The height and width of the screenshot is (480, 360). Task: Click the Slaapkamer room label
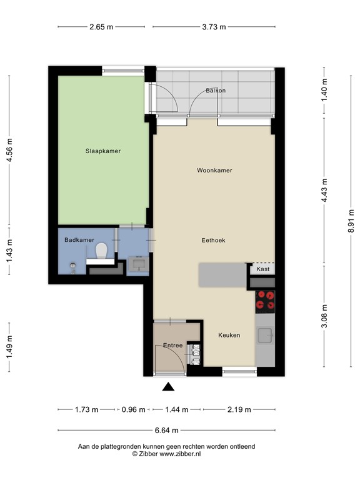[x=103, y=151]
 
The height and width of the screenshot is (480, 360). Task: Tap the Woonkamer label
[x=214, y=170]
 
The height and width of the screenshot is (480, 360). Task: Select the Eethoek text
[x=213, y=240]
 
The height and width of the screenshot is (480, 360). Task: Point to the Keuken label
[x=229, y=335]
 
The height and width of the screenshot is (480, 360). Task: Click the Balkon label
[x=216, y=91]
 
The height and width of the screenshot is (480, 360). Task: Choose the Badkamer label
[x=79, y=239]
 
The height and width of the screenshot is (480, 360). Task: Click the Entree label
[x=172, y=345]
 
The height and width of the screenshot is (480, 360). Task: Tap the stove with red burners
[x=265, y=301]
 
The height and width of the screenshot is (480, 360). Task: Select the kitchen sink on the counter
[x=266, y=336]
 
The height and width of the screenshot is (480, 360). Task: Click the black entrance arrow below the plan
[x=168, y=387]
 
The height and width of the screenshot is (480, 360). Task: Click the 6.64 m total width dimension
[x=166, y=430]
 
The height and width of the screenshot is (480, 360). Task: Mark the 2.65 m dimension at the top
[x=101, y=27]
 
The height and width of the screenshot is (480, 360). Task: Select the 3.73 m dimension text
[x=214, y=27]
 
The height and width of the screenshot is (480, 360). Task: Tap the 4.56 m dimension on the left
[x=9, y=151]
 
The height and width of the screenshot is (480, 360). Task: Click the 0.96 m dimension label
[x=133, y=410]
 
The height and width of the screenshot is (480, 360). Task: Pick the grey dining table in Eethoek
[x=222, y=275]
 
